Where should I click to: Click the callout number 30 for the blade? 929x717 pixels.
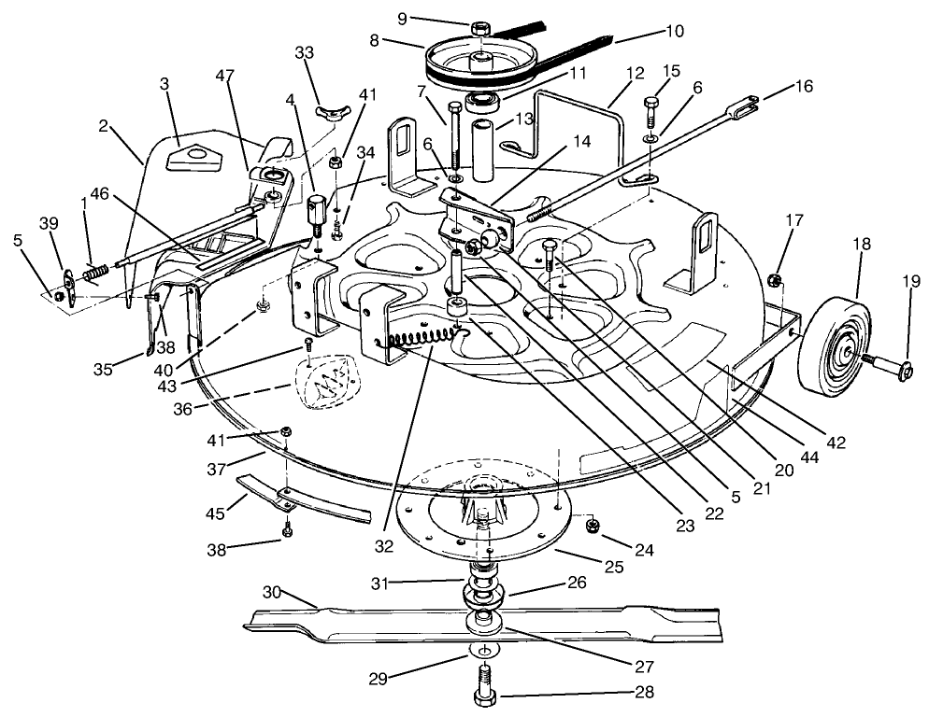click(x=272, y=593)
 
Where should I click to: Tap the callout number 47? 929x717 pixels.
click(x=223, y=74)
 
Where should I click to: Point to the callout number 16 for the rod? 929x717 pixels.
click(x=803, y=86)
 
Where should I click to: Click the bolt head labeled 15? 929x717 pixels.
click(x=652, y=104)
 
